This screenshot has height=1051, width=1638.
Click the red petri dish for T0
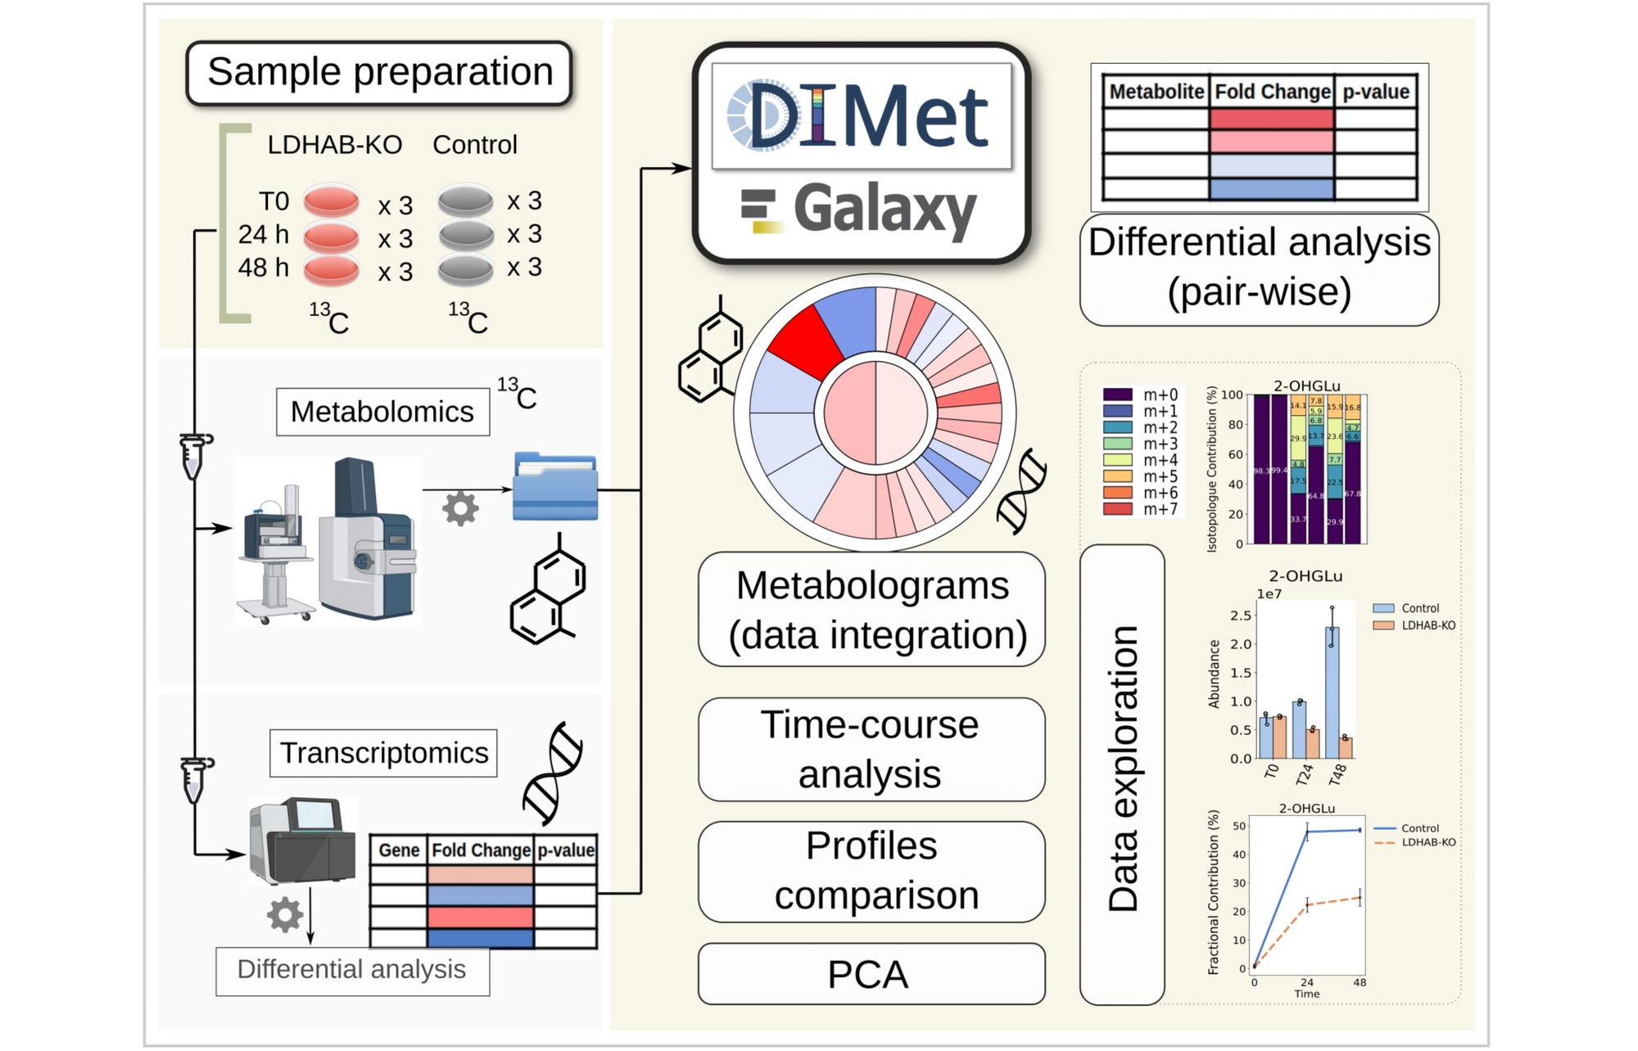click(331, 201)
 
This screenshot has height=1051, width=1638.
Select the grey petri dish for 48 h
click(465, 268)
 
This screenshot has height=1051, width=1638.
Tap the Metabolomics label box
click(382, 412)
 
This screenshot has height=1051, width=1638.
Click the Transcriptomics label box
click(383, 753)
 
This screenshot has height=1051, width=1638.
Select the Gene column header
click(398, 850)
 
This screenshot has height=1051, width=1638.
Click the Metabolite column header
click(1156, 92)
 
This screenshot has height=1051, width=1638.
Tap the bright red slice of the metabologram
click(805, 340)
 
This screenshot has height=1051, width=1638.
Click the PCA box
click(871, 974)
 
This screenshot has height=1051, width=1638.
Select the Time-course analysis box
click(871, 749)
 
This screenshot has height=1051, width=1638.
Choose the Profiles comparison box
click(871, 871)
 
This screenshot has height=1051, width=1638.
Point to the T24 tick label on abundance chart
click(1305, 773)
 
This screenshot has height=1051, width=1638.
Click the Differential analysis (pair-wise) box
click(1259, 268)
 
